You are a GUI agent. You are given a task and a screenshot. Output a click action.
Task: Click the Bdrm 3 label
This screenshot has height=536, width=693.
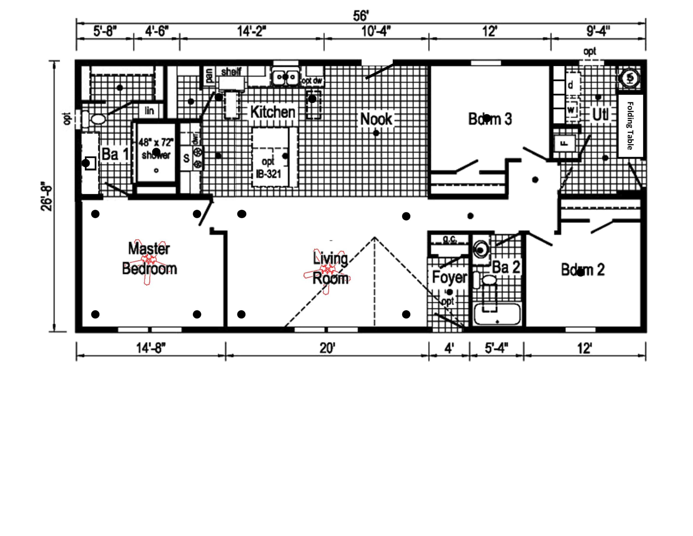pyautogui.click(x=490, y=119)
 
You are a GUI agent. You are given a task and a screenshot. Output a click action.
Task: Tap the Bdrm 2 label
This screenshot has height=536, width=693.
pyautogui.click(x=583, y=270)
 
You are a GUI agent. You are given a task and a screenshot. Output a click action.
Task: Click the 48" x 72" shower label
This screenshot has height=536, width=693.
pyautogui.click(x=156, y=149)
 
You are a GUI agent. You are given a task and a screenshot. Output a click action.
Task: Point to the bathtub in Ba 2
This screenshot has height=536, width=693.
pyautogui.click(x=497, y=314)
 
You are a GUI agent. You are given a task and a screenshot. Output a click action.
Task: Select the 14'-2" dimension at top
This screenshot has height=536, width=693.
pyautogui.click(x=252, y=31)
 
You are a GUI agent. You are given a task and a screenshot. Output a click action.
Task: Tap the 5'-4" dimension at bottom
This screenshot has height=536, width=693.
pyautogui.click(x=496, y=348)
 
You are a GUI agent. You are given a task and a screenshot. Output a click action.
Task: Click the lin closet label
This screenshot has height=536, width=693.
pyautogui.click(x=149, y=111)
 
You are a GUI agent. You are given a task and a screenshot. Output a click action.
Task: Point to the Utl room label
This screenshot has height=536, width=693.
pyautogui.click(x=600, y=115)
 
